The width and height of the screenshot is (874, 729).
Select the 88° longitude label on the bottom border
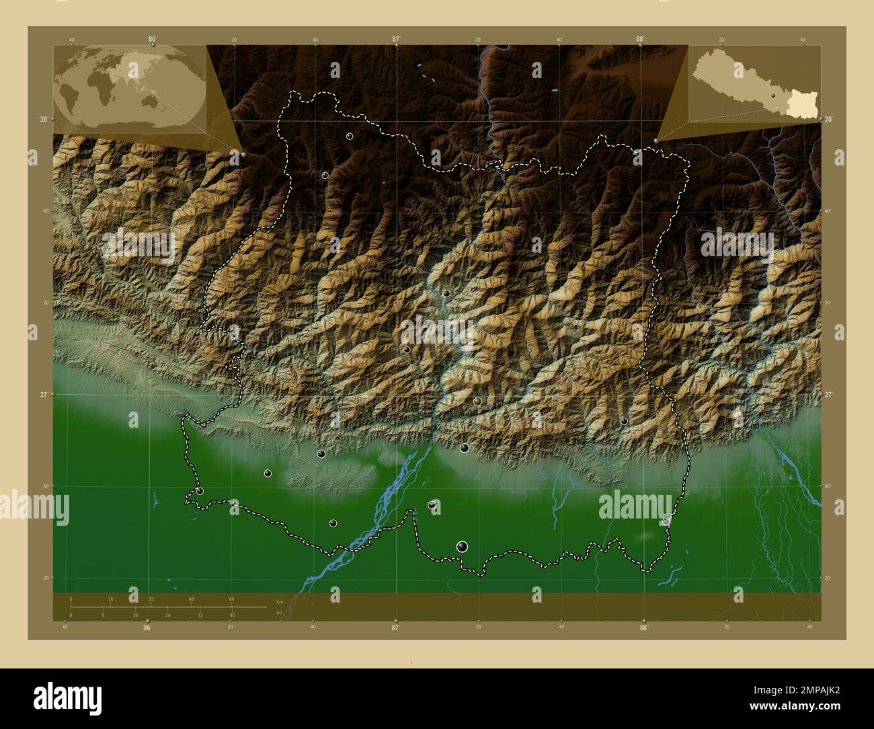643,627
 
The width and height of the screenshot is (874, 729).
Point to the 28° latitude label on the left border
44,119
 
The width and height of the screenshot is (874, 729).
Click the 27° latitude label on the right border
829,395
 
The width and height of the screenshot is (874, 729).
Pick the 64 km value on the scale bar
231,599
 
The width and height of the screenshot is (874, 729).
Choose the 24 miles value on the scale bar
167,615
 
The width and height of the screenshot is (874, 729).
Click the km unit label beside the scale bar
280,601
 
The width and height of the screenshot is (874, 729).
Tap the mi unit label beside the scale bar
279,613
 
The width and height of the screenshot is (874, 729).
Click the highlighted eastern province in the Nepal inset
801,104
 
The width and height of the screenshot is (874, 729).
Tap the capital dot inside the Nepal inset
774,96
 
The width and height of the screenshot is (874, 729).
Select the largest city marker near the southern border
462,546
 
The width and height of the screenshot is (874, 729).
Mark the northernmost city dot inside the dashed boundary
349,136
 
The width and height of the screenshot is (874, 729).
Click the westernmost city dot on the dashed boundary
200,491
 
